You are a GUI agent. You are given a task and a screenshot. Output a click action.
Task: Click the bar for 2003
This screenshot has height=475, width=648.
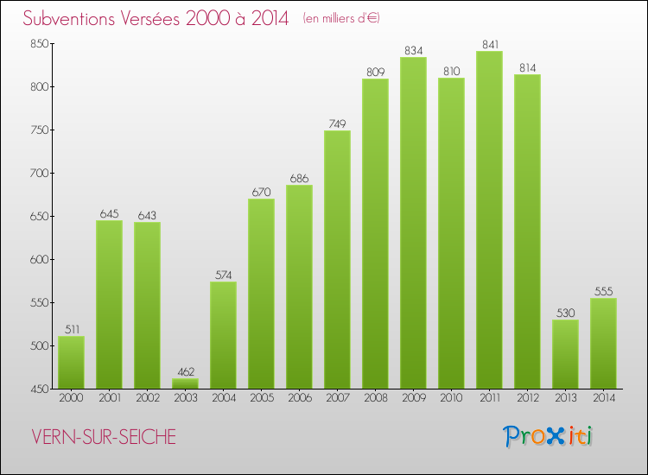(x=185, y=383)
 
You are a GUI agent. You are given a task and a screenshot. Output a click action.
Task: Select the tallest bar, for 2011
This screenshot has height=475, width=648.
(x=489, y=220)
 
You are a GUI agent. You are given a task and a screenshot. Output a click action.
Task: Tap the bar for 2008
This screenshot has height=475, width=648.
(x=375, y=233)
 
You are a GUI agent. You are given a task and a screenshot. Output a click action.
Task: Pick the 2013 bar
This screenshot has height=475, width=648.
(x=565, y=354)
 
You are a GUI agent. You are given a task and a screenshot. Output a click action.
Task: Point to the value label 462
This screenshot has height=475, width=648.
(x=185, y=371)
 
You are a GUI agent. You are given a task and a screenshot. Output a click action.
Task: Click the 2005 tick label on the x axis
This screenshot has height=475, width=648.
(x=261, y=398)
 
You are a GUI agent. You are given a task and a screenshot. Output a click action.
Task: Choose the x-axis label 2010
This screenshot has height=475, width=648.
(x=451, y=398)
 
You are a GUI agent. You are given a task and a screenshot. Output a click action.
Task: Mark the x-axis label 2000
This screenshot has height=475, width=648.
(x=71, y=398)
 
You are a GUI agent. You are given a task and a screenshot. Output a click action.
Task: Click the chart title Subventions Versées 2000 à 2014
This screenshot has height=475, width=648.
(x=156, y=19)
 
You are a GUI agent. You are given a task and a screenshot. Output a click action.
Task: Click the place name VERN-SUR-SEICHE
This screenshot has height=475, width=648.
(x=101, y=437)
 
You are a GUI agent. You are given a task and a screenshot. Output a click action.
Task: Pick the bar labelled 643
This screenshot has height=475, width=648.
(x=147, y=306)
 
